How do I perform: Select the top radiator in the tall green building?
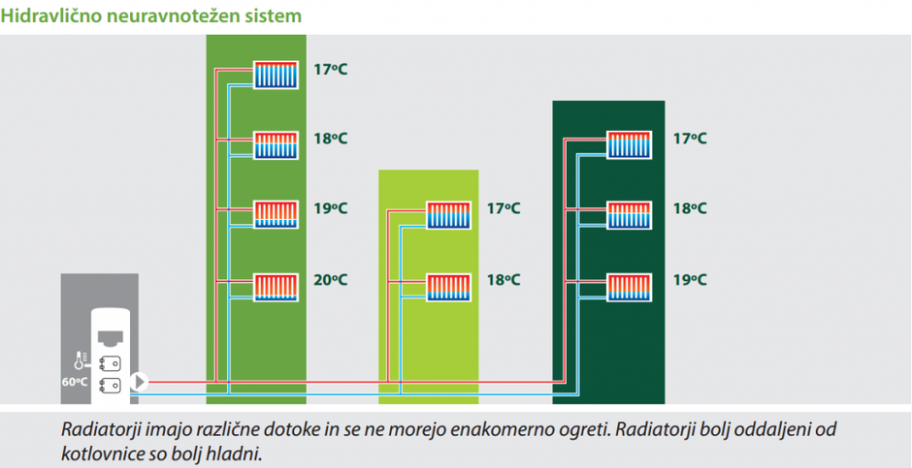click(x=277, y=75)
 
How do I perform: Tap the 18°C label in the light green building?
click(x=504, y=280)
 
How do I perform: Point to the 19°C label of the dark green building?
click(x=690, y=280)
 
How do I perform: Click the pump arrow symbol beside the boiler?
click(x=139, y=382)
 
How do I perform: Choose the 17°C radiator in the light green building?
click(x=448, y=215)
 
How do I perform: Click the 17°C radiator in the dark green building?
click(x=629, y=144)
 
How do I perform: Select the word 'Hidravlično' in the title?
click(x=59, y=16)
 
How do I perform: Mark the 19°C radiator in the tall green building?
click(x=277, y=214)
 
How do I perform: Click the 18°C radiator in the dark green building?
click(x=629, y=214)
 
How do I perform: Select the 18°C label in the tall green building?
click(x=330, y=139)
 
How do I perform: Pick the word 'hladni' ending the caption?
click(x=238, y=452)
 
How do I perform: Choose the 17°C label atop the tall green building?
click(x=330, y=69)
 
